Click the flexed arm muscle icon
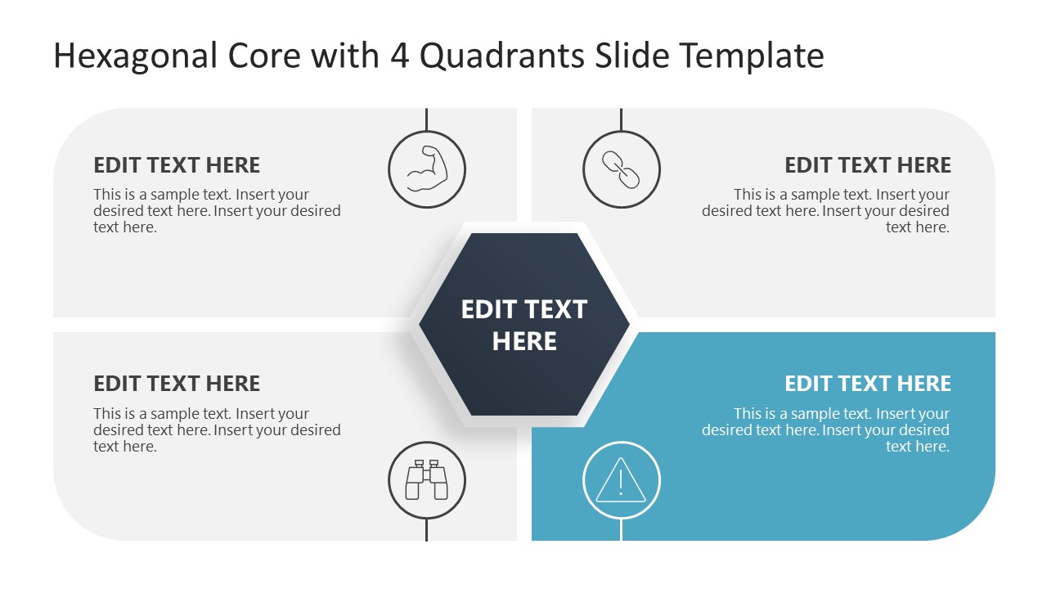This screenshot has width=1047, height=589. pos(427,170)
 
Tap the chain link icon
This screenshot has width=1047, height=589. pos(621,170)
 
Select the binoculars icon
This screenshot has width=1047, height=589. pos(427,480)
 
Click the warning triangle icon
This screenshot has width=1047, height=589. pos(621,480)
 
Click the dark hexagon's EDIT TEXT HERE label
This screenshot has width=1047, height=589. pos(524,325)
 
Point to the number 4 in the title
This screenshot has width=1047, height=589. pos(400,56)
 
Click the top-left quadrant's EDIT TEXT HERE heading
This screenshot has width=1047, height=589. pos(177,165)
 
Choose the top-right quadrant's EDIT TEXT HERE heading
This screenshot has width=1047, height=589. pos(868,165)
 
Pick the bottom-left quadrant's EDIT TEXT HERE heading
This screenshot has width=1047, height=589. pos(177,384)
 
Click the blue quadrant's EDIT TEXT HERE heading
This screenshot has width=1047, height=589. pos(868,384)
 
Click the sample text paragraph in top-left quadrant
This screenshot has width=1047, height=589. pos(217,211)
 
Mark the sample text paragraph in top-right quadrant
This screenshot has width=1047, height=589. pos(825,211)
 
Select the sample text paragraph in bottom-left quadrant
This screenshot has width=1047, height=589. pos(217,430)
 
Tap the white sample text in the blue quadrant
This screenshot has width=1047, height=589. pos(825,430)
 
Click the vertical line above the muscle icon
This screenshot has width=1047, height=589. pos(427,119)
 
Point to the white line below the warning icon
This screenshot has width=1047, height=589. pos(621,530)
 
